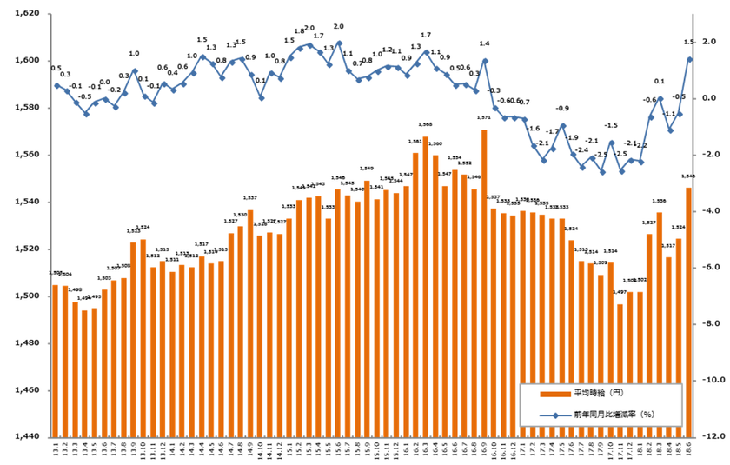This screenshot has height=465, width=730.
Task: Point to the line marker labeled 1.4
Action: pos(484,61)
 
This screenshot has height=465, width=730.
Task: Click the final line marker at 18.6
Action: pos(689,59)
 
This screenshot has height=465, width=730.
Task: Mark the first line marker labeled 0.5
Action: pos(56,85)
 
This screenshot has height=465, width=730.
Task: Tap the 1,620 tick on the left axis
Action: pos(27,14)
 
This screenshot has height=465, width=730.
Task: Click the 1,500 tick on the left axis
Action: pos(27,296)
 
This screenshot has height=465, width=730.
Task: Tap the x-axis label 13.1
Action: pos(56,451)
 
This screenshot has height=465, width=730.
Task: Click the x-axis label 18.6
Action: pos(689,451)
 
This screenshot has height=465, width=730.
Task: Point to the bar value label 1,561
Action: pos(415,142)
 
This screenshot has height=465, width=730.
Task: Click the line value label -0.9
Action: pos(562,109)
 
